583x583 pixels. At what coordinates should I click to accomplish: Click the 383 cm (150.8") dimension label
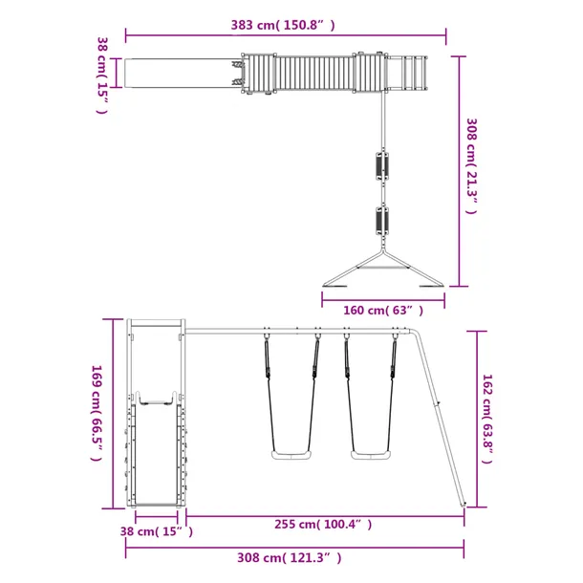pyautogui.click(x=283, y=25)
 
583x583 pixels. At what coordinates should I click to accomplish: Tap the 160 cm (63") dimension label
pyautogui.click(x=383, y=310)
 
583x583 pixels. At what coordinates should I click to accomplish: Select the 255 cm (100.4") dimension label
pyautogui.click(x=323, y=525)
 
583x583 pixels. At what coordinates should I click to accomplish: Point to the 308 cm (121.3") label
pyautogui.click(x=290, y=558)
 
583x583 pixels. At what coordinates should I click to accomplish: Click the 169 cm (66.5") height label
pyautogui.click(x=97, y=413)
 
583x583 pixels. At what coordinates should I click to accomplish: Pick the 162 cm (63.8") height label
pyautogui.click(x=487, y=419)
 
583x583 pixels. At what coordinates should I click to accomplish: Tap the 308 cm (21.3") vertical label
pyautogui.click(x=471, y=166)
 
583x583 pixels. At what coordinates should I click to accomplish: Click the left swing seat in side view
pyautogui.click(x=291, y=455)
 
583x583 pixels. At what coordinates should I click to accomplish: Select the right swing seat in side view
pyautogui.click(x=371, y=455)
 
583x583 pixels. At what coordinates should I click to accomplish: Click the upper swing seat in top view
pyautogui.click(x=382, y=166)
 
